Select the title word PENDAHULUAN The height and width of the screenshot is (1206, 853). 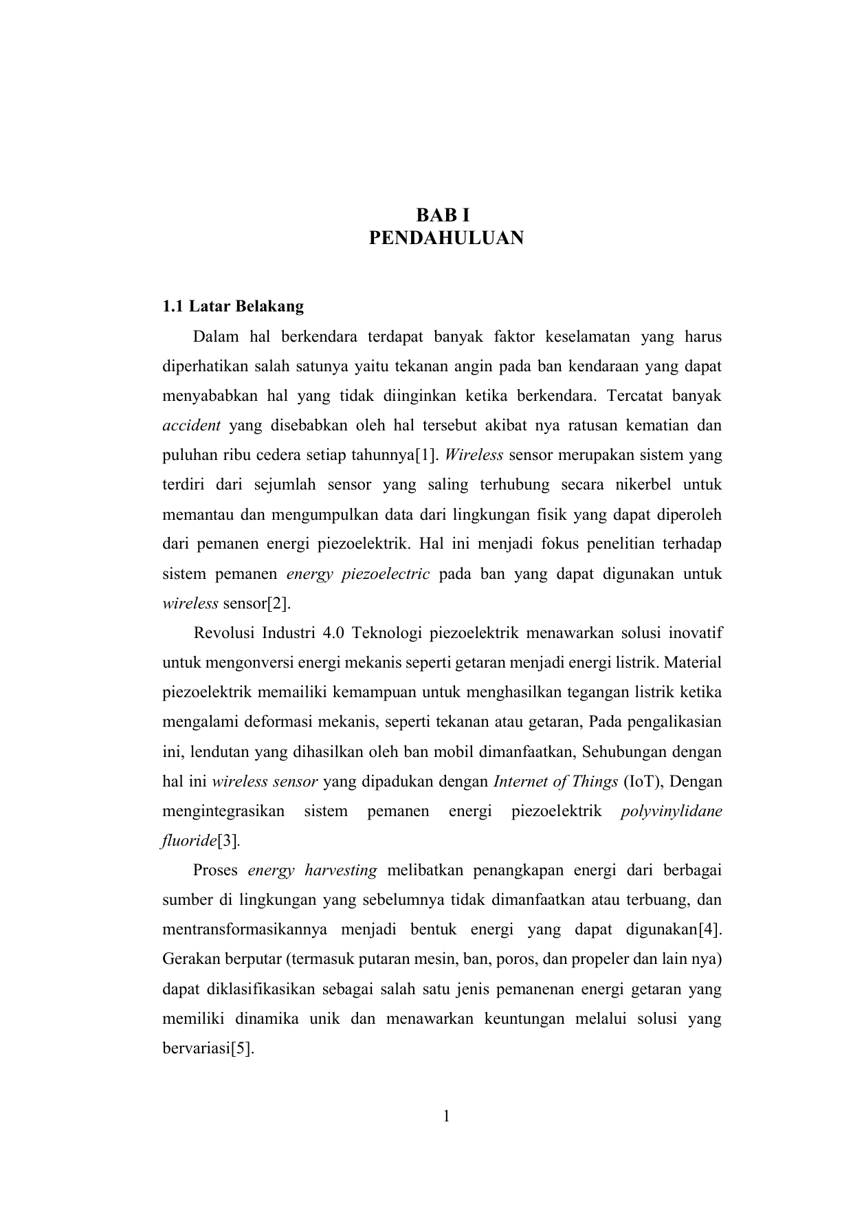tap(446, 239)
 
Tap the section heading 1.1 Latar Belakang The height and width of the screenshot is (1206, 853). tap(233, 306)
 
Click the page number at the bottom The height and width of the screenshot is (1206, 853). tap(445, 1117)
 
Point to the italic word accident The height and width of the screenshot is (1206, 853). tap(191, 426)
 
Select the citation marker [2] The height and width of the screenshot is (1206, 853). tap(279, 604)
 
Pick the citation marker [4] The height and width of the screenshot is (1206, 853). tap(709, 930)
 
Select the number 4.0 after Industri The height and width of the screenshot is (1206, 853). tap(333, 633)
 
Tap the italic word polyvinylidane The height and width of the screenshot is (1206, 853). tap(671, 811)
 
